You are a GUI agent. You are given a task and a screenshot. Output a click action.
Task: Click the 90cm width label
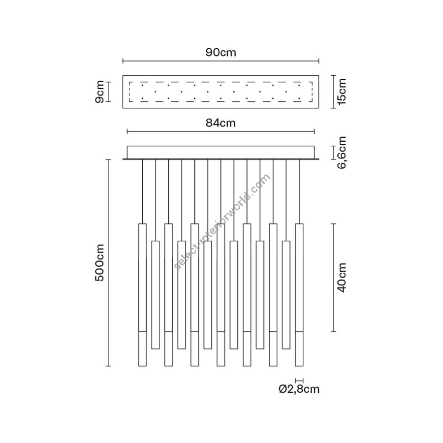[221, 53]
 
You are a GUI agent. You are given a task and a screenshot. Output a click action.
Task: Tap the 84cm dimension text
[221, 123]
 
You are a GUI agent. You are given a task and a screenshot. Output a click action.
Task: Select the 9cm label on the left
[100, 92]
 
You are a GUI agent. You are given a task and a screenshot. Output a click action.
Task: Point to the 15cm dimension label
[342, 92]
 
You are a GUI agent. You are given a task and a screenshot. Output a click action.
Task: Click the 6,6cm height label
[342, 152]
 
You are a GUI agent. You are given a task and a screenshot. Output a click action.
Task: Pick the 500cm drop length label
[100, 263]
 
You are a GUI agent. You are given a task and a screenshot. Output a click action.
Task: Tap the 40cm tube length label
[342, 278]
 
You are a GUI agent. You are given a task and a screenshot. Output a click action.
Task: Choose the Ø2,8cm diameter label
[299, 389]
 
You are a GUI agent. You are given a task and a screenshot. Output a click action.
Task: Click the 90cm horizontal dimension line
[221, 61]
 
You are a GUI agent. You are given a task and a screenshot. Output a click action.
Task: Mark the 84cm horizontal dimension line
[221, 131]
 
